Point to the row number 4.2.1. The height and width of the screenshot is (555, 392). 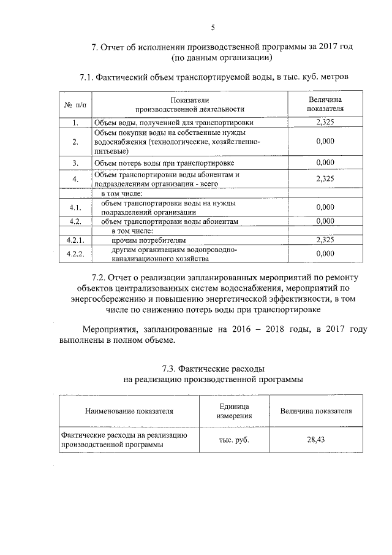(75, 240)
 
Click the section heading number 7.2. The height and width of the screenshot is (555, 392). (100, 277)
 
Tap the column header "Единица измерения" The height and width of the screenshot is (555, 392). (233, 411)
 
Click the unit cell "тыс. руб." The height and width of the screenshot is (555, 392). (233, 440)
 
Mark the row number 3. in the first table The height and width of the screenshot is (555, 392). (75, 163)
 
